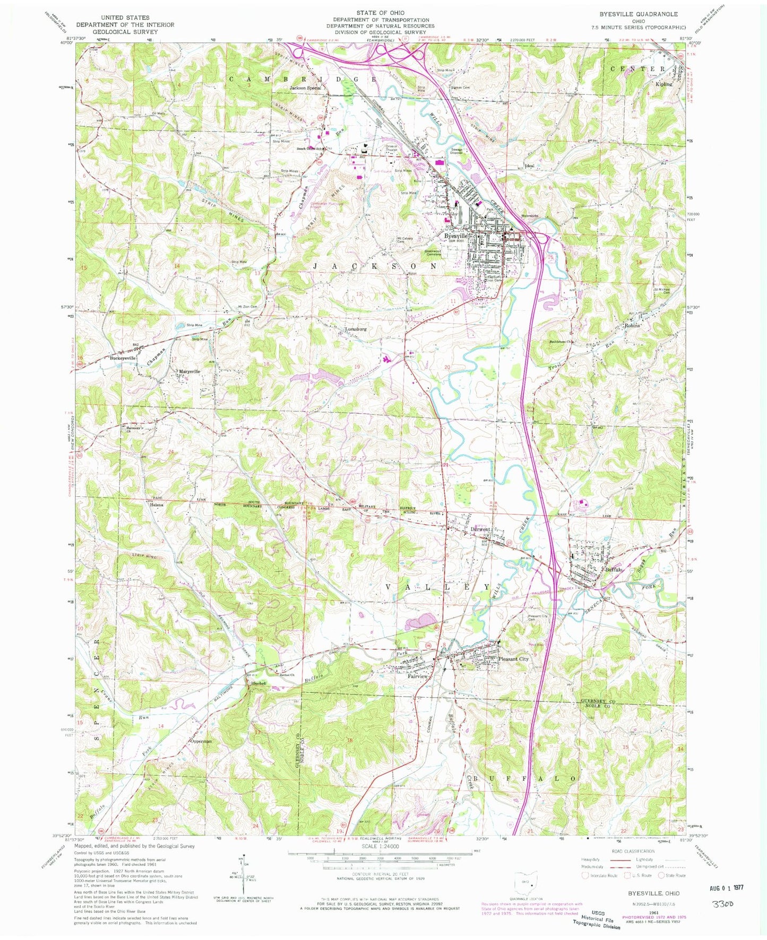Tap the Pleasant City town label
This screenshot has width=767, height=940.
[x=514, y=659]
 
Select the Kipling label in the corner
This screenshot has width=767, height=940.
[x=663, y=84]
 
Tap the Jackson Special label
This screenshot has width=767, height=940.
[x=305, y=88]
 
